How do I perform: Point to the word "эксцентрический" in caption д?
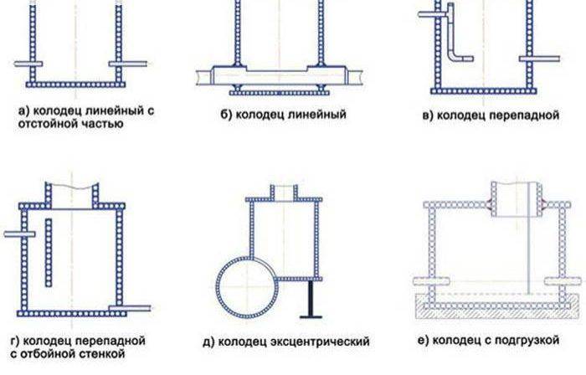point(320,342)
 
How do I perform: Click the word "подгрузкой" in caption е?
point(527,341)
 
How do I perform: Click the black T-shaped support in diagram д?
point(311,300)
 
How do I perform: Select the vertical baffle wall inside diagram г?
point(49,253)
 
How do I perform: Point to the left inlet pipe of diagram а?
point(28,64)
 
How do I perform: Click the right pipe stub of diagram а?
point(128,64)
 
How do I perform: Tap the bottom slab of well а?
point(75,85)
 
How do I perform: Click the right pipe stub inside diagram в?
point(539,59)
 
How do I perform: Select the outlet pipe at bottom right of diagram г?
point(130,308)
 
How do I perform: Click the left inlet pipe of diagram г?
point(19,234)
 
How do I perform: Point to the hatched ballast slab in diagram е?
point(497,306)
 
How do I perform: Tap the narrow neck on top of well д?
point(284,193)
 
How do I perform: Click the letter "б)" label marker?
point(226,114)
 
